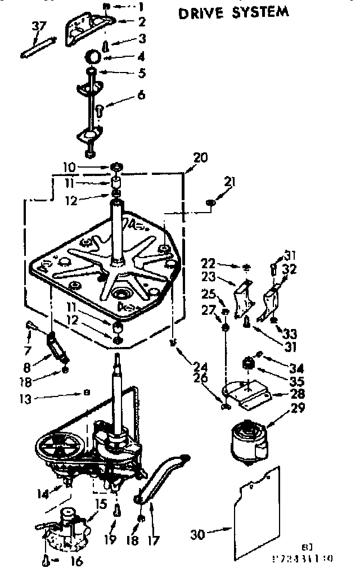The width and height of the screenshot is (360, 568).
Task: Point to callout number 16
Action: tap(76, 560)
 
